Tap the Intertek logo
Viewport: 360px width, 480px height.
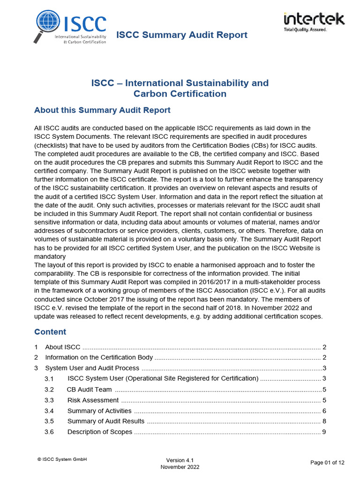click(x=314, y=21)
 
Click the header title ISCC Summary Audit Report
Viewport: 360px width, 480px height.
click(x=181, y=35)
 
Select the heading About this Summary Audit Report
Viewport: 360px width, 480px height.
click(x=102, y=110)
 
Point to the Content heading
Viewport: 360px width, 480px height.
click(x=50, y=332)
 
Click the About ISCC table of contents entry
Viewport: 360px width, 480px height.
click(x=63, y=347)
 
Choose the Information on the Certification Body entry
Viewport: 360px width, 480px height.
click(x=99, y=358)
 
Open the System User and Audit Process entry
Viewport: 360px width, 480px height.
click(x=92, y=368)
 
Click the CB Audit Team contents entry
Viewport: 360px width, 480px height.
click(x=89, y=390)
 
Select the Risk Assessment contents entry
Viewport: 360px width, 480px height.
click(x=93, y=400)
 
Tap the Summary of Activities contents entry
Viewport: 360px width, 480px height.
click(x=99, y=411)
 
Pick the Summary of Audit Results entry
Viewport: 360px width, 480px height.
click(x=106, y=421)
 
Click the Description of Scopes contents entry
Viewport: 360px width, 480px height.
click(x=100, y=432)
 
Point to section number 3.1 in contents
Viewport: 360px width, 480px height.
click(x=49, y=379)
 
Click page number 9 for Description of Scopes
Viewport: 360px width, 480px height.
click(x=324, y=432)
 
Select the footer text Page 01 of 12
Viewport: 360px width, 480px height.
click(x=327, y=462)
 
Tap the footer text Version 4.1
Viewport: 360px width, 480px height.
click(x=180, y=460)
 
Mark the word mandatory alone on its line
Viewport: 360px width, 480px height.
click(x=50, y=257)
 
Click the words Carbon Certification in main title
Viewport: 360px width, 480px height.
click(x=180, y=94)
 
